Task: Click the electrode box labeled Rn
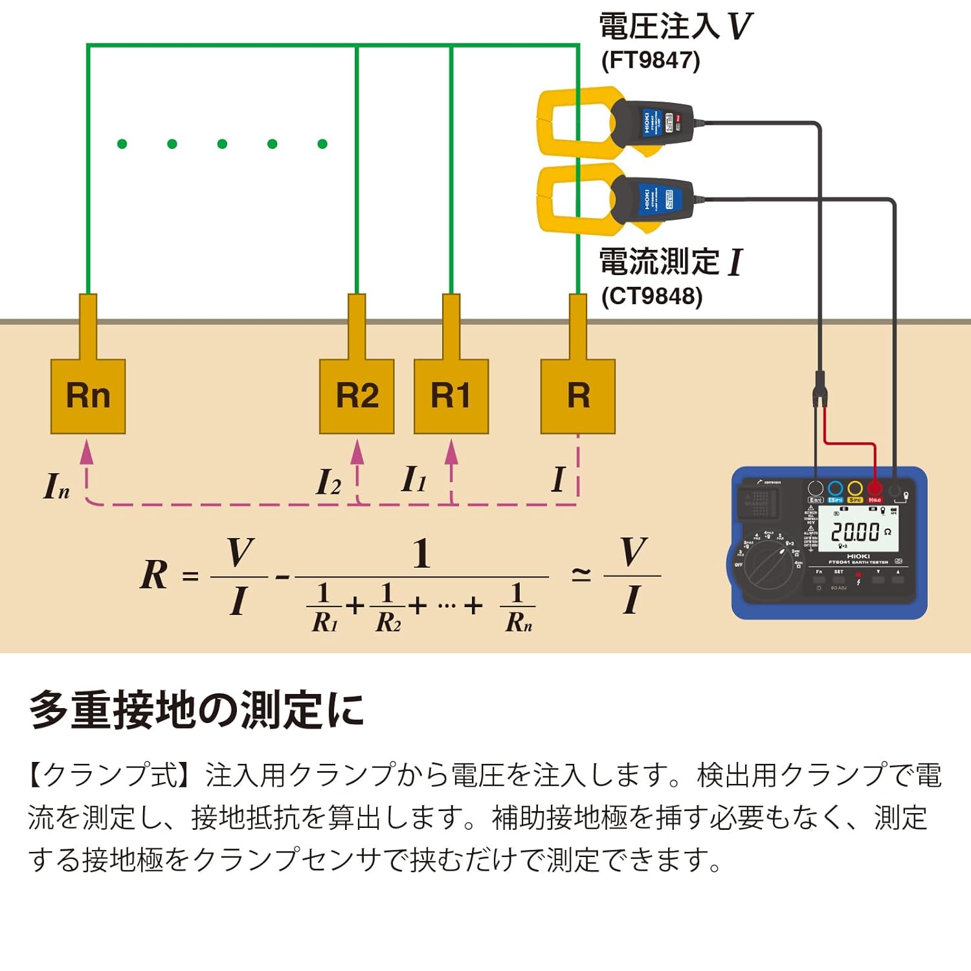pyautogui.click(x=88, y=396)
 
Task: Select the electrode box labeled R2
pyautogui.click(x=357, y=396)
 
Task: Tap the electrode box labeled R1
pyautogui.click(x=451, y=396)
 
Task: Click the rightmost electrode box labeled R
pyautogui.click(x=578, y=396)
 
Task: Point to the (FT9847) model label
pyautogui.click(x=651, y=60)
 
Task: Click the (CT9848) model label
pyautogui.click(x=652, y=296)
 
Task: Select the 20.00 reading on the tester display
pyautogui.click(x=855, y=532)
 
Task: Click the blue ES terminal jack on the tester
pyautogui.click(x=835, y=488)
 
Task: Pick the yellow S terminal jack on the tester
pyautogui.click(x=855, y=488)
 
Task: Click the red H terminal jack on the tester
pyautogui.click(x=875, y=488)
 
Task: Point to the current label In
pyautogui.click(x=56, y=486)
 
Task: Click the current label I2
pyautogui.click(x=328, y=482)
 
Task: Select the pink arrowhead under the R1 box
pyautogui.click(x=451, y=452)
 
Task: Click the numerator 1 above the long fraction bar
pyautogui.click(x=421, y=554)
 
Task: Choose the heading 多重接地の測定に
pyautogui.click(x=197, y=710)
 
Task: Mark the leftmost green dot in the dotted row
pyautogui.click(x=122, y=144)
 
